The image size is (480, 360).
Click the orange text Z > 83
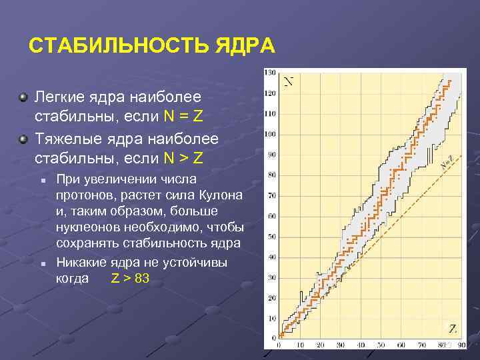click(129, 278)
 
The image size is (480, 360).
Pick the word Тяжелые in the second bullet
click(65, 141)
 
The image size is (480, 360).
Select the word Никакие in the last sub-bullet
click(82, 262)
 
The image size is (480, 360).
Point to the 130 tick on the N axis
click(270, 72)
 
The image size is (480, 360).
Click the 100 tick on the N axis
click(270, 133)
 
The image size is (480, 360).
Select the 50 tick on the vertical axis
click(271, 237)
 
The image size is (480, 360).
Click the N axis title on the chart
click(290, 82)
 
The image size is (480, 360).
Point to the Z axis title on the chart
click(453, 327)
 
